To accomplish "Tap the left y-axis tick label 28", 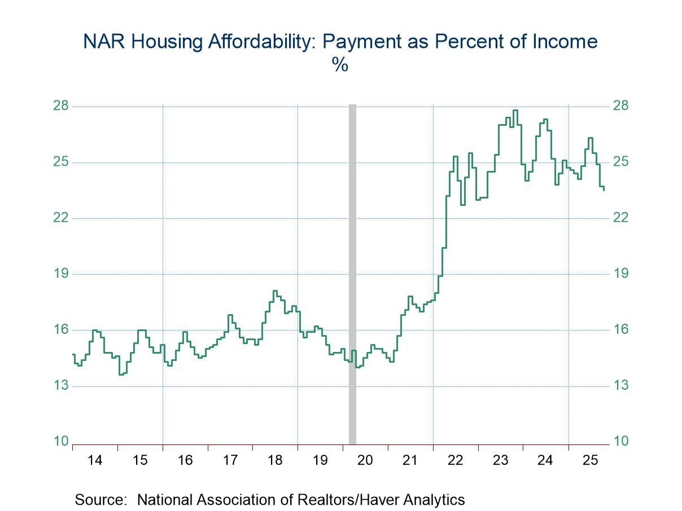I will coord(61,106).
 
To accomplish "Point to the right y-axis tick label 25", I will coord(621,162).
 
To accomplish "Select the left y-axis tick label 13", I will coord(61,386).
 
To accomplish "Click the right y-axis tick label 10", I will coord(621,442).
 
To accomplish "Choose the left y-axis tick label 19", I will coord(61,274).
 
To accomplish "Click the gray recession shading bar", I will coord(352,271).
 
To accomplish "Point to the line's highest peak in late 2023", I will coord(515,110).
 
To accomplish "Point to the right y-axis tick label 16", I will coord(621,330).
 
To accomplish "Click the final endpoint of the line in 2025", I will coord(604,190).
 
